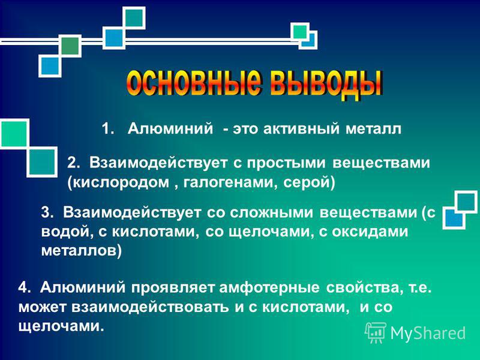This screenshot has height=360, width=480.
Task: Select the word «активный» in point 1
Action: coord(302,128)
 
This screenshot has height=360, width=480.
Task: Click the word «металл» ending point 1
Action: coord(373,129)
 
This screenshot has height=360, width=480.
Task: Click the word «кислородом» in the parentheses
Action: coord(119,183)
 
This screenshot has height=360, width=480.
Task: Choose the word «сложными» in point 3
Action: coord(272,213)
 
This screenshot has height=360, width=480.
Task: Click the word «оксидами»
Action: coord(370,232)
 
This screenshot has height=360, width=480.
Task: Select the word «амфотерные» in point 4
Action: coord(269,288)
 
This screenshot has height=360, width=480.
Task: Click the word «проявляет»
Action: coord(174,288)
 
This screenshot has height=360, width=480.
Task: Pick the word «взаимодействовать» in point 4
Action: coord(150,307)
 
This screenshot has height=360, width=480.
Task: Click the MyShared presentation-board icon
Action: coord(376,332)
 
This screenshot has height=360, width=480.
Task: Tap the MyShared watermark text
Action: coord(428,333)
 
